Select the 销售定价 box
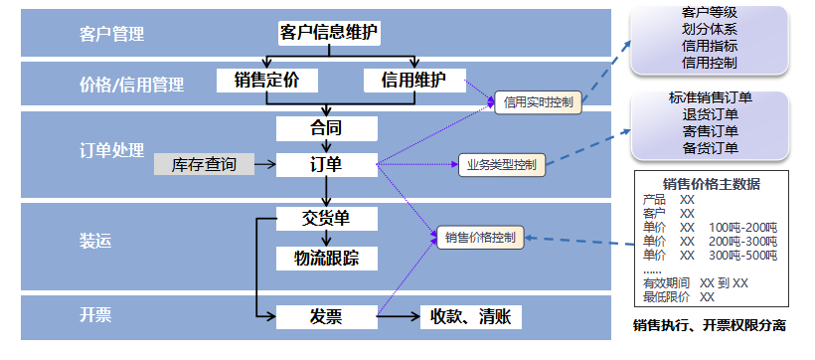(265, 79)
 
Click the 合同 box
(326, 128)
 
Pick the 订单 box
(326, 164)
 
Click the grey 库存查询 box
(204, 164)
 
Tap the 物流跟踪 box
(326, 258)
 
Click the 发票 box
(326, 316)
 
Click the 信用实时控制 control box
(538, 101)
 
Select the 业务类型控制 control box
(501, 164)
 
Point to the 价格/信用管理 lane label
(131, 86)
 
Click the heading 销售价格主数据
(711, 183)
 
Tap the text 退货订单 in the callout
(710, 114)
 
